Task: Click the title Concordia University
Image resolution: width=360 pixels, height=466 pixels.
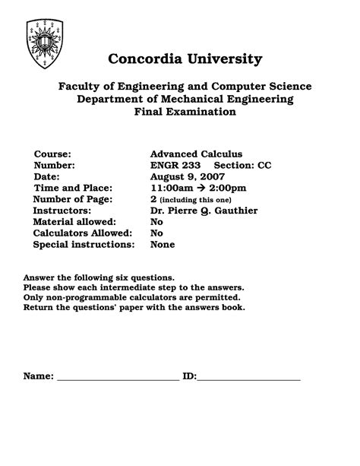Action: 185,59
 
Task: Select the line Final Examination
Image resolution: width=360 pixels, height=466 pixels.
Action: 185,112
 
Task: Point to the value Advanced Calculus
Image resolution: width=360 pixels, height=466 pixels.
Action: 197,154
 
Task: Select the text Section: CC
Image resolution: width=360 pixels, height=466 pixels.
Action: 242,165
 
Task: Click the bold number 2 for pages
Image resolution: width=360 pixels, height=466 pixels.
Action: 153,199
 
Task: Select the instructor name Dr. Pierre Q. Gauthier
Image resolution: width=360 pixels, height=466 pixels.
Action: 204,211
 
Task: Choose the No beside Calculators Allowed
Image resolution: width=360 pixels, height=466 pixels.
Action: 157,233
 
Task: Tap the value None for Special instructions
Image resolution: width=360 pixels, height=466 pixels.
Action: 163,245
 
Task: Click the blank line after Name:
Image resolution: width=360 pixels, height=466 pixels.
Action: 118,377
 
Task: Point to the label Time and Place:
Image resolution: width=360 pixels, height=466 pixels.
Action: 73,188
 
